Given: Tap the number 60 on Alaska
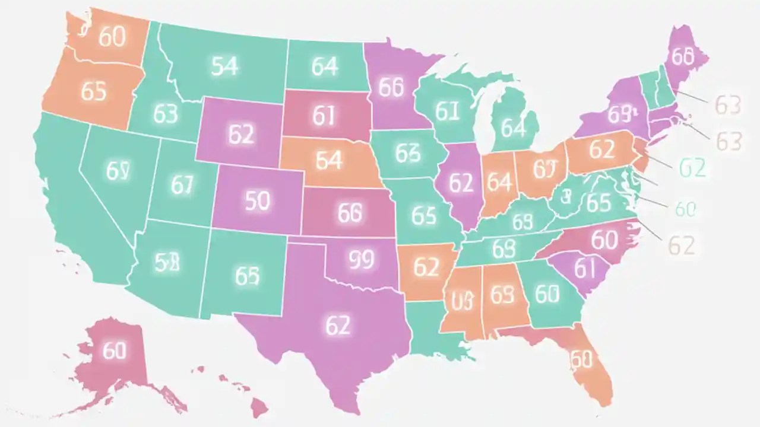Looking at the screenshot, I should click(x=115, y=350).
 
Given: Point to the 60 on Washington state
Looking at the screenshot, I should click(x=112, y=37).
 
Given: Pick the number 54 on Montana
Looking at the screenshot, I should click(x=224, y=66).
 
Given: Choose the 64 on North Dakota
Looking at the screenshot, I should click(x=325, y=67).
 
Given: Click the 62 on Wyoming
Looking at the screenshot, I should click(x=240, y=135).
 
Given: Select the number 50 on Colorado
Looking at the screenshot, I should click(x=258, y=201).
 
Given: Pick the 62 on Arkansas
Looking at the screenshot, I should click(x=426, y=267).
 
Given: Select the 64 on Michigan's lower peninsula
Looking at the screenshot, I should click(x=513, y=128).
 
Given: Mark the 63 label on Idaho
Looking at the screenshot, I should click(x=165, y=113).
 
